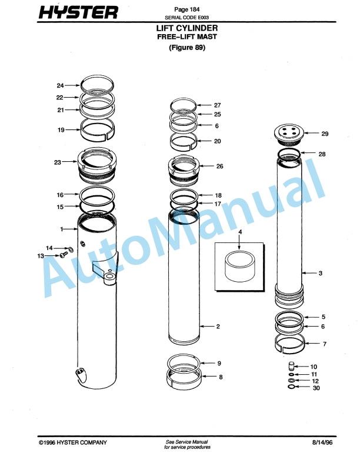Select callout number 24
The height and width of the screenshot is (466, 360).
[x=60, y=85]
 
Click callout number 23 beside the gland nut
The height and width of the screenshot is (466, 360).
[x=58, y=162]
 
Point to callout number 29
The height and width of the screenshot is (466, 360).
[x=325, y=134]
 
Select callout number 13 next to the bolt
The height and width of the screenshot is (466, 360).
[x=40, y=256]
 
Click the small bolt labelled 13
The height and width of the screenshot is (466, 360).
[x=61, y=256]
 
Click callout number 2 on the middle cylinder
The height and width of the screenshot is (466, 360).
[x=218, y=326]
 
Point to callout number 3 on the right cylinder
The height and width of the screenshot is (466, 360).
[x=321, y=273]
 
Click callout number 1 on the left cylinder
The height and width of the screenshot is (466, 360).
[x=61, y=228]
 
